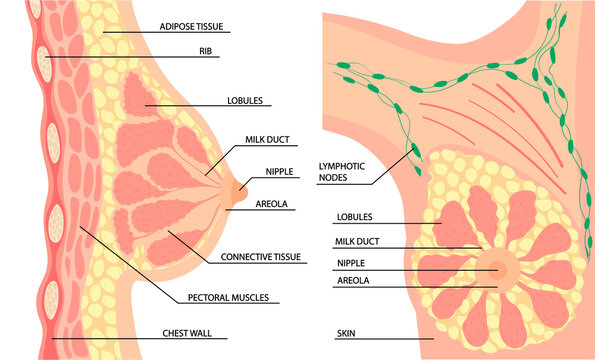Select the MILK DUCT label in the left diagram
(x=263, y=141)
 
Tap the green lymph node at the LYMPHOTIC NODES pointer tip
(x=415, y=151)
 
